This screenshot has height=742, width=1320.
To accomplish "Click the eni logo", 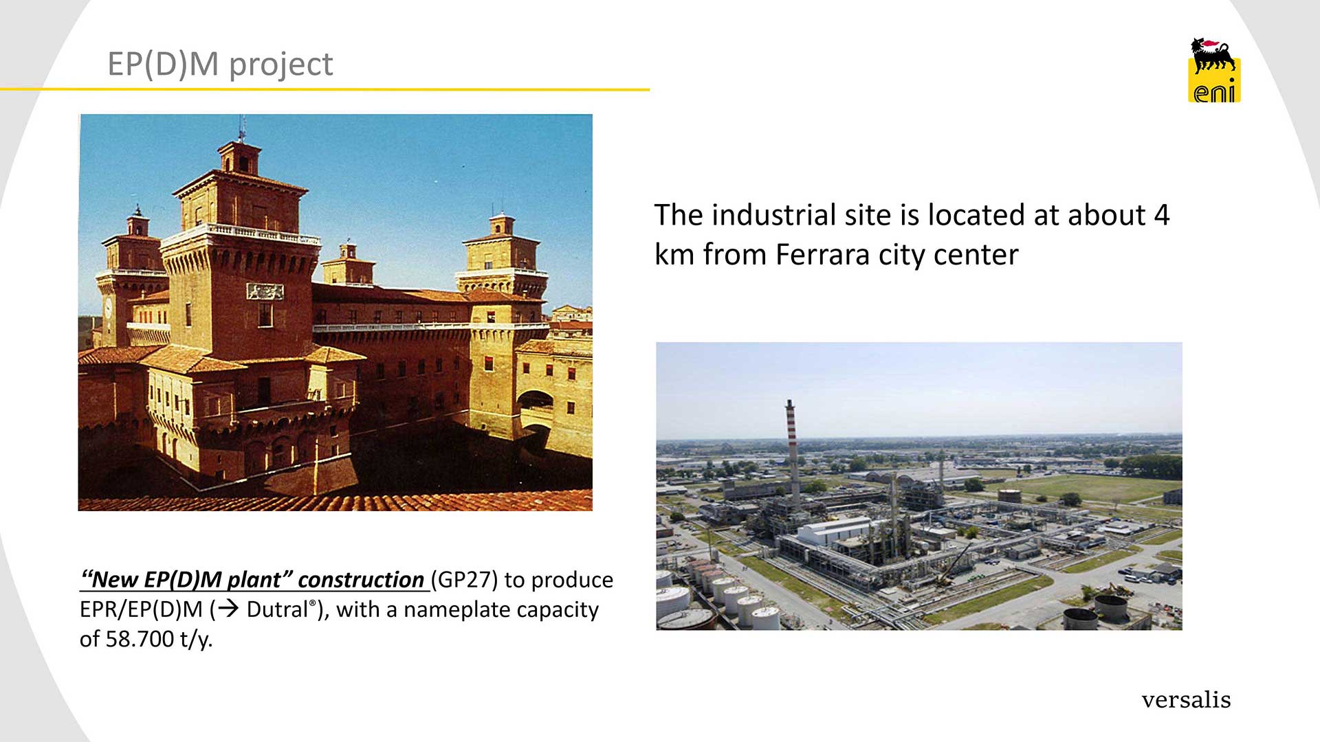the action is [1215, 70].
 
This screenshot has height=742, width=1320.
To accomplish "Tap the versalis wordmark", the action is [1186, 699].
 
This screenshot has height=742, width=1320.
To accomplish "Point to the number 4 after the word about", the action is [1162, 215].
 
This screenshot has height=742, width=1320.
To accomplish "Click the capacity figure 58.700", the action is [140, 639].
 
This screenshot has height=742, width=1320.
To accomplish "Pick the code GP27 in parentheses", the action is [464, 580].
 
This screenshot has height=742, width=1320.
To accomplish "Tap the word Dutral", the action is [277, 609].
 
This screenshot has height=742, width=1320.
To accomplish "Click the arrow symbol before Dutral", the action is [227, 609].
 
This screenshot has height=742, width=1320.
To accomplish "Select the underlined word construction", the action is [361, 580].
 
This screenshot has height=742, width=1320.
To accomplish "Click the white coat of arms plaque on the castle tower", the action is [265, 291].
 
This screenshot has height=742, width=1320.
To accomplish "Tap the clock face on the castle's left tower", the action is [108, 308].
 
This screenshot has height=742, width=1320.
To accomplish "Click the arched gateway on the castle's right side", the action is [536, 410].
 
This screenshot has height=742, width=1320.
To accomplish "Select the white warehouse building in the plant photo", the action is [835, 530].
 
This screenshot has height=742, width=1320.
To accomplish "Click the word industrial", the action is [773, 215].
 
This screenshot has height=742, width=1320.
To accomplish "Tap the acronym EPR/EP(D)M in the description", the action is [141, 609].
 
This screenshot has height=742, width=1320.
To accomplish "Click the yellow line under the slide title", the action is [324, 89].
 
